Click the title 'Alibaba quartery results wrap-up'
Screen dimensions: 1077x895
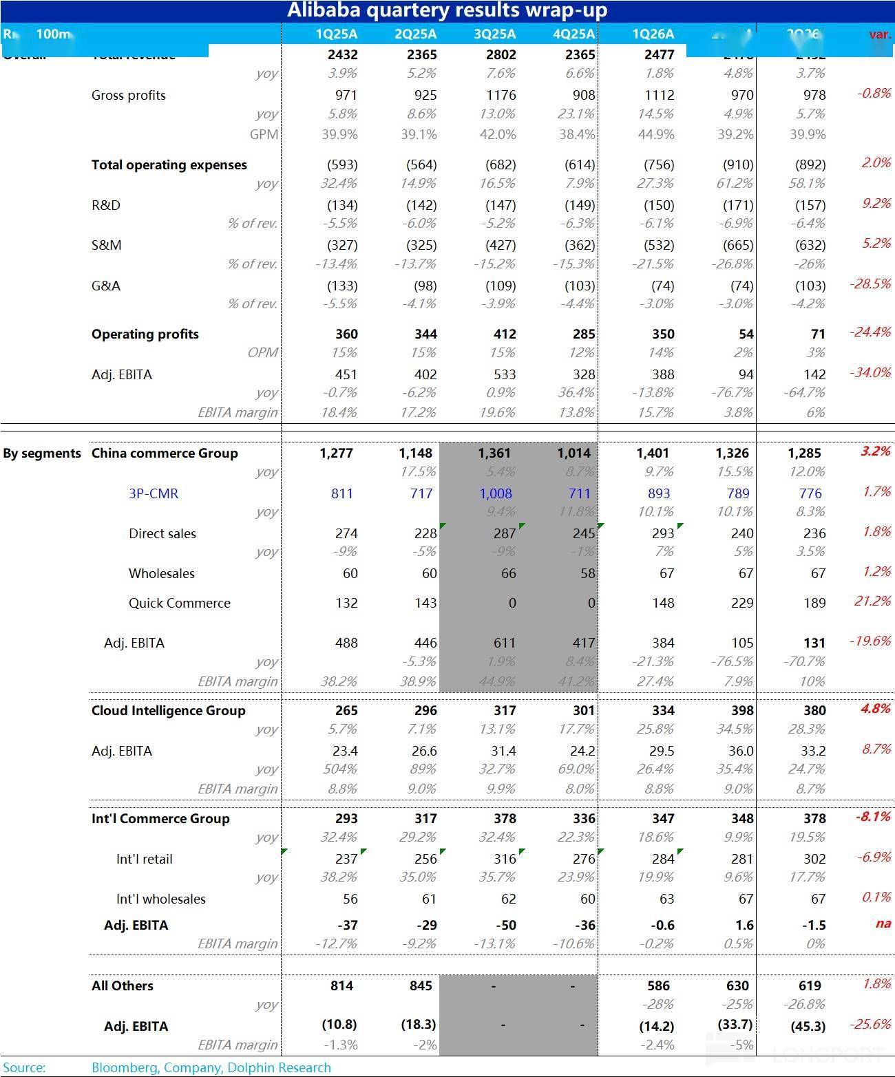point(447,10)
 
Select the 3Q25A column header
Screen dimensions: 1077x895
point(495,34)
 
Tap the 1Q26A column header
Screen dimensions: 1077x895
point(653,34)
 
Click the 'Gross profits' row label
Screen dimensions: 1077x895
point(129,95)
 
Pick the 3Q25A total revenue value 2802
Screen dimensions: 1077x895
point(501,54)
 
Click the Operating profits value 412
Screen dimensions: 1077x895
point(505,334)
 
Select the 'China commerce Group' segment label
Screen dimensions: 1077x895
point(165,453)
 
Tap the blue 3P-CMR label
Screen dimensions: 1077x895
point(154,493)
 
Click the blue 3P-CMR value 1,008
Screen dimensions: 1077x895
point(496,493)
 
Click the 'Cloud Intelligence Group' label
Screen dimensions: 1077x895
point(168,710)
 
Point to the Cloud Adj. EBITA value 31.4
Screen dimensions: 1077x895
point(503,751)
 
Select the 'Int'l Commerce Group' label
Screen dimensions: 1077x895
point(160,818)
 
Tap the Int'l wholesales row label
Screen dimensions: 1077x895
point(160,899)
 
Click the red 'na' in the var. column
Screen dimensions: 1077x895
point(883,924)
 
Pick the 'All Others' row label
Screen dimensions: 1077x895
point(123,985)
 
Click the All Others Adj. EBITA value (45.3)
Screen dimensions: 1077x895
point(808,1026)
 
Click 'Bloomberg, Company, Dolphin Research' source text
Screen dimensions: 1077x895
point(211,1067)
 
